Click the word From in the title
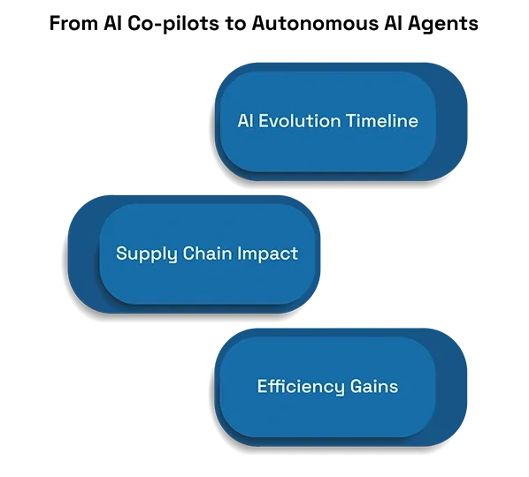coord(73,23)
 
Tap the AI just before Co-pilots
coord(113,23)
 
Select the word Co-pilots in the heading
coord(173,24)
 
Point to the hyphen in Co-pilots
coord(157,25)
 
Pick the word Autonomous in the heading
coord(315,23)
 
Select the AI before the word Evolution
coord(245,121)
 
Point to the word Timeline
coord(382,121)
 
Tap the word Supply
coord(147,254)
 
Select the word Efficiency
coord(301,387)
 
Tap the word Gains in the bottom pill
coord(374,386)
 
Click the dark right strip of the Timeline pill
coord(451,122)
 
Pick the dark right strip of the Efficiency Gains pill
coord(451,388)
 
